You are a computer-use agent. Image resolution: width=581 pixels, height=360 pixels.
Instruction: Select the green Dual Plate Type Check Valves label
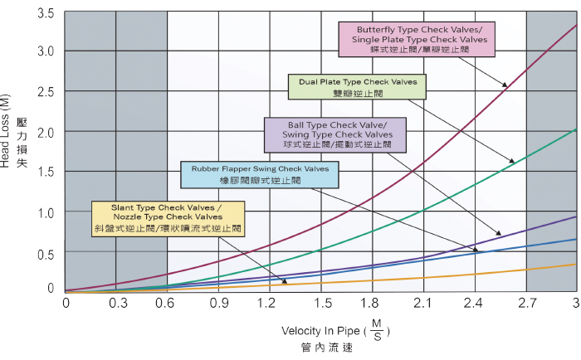coord(355,87)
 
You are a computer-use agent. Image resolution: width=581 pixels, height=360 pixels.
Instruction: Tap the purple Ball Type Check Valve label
coord(335,134)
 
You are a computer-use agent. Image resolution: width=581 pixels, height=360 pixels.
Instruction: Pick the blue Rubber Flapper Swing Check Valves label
coord(260,174)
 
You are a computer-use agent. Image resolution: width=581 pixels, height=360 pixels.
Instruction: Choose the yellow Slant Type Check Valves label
coord(167,216)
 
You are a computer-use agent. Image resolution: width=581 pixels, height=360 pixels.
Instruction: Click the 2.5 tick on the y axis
coord(46,91)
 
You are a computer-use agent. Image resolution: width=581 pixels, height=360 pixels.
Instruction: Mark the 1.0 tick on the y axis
coord(46,212)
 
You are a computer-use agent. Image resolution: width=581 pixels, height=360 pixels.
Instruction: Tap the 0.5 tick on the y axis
coord(46,253)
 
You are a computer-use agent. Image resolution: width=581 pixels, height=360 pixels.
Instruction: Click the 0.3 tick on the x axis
coord(116,304)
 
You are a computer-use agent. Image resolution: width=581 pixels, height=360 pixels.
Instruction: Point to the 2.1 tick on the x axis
coord(424,304)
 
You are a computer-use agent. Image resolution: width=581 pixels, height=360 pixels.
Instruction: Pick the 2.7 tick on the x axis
coord(526,304)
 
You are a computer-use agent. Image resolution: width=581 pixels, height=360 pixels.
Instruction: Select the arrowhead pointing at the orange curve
coord(271,266)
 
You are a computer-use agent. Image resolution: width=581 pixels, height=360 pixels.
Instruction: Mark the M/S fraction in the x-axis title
coord(377,331)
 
